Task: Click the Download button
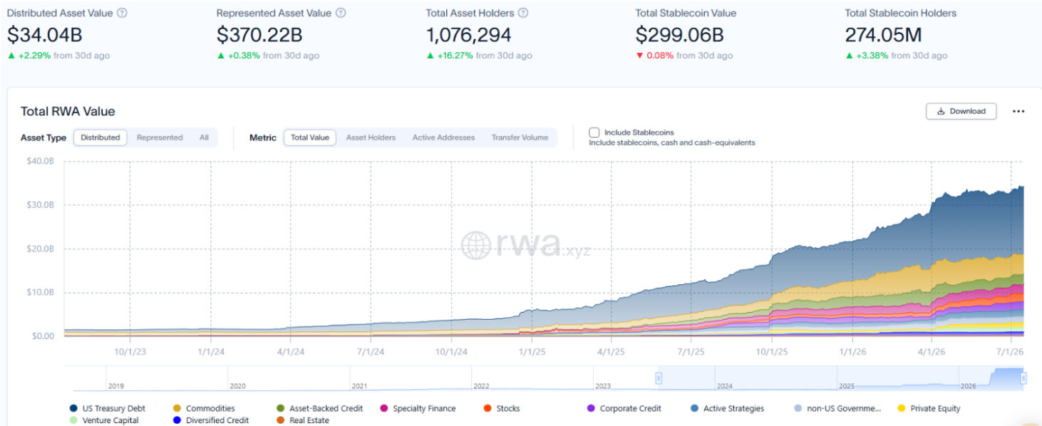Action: (961, 111)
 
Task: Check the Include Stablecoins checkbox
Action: (594, 133)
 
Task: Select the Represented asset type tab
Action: (160, 137)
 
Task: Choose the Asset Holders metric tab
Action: (371, 137)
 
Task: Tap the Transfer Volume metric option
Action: (520, 137)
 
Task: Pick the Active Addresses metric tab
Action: (443, 137)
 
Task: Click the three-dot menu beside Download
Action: (1018, 111)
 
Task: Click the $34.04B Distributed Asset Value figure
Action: (45, 35)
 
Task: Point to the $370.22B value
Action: (259, 35)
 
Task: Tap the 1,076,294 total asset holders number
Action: (468, 35)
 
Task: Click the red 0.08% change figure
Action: (659, 56)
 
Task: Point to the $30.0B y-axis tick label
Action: (40, 204)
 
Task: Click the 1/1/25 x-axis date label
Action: (532, 352)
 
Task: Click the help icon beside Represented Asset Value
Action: (341, 13)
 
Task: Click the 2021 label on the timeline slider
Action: (359, 386)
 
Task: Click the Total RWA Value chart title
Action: (68, 112)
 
